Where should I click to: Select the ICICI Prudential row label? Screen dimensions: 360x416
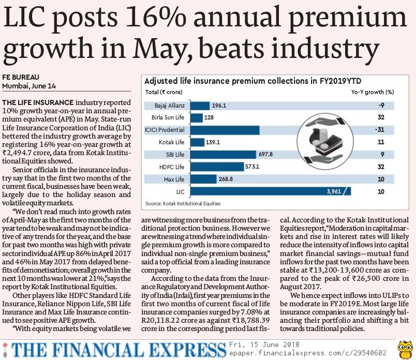(166, 129)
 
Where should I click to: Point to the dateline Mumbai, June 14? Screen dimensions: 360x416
(29, 85)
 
